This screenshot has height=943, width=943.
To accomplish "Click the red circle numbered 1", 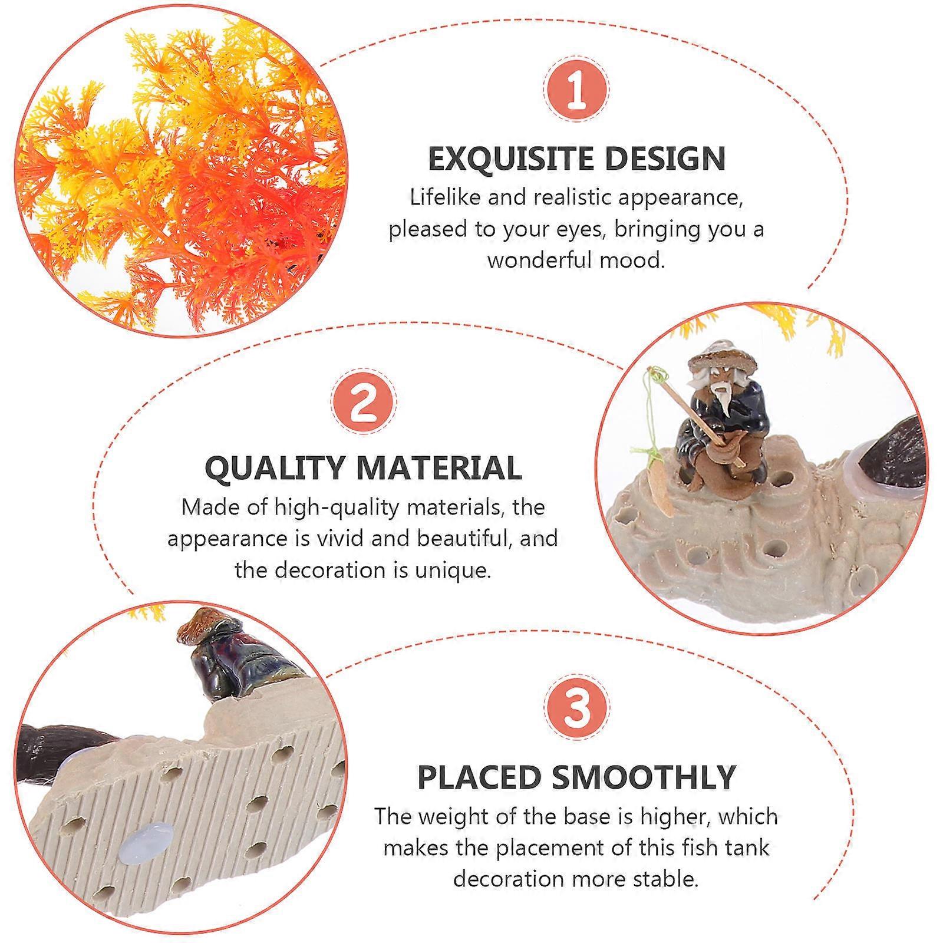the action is point(576,90).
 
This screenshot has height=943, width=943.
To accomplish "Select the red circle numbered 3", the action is point(576,708).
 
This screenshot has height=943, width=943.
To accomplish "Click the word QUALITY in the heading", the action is point(275,468).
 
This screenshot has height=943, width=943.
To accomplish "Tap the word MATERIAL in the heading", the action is point(440,468).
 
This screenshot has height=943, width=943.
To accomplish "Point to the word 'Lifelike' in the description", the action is point(446,197).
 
